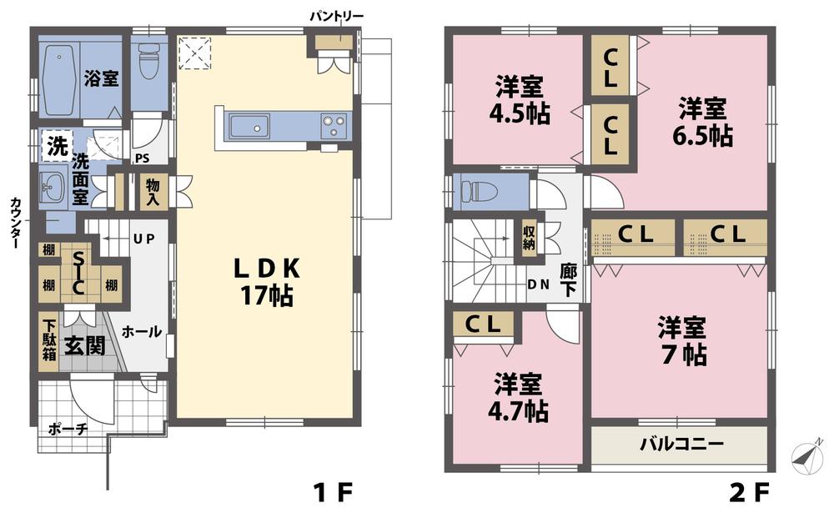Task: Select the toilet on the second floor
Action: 480,191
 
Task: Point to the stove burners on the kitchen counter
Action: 334,127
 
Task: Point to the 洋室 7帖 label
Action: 681,339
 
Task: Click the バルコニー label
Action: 681,443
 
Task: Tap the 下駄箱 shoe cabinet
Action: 49,340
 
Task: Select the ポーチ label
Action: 68,430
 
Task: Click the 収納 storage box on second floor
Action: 530,238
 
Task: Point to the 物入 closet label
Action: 152,192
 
